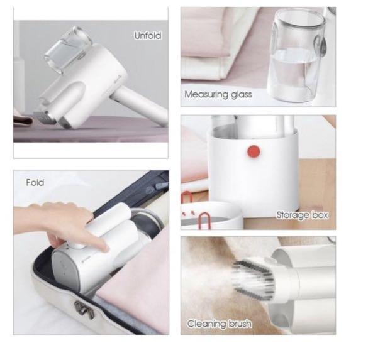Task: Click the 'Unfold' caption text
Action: [x=147, y=36]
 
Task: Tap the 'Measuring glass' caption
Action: [x=218, y=95]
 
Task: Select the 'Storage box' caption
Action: [x=303, y=215]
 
